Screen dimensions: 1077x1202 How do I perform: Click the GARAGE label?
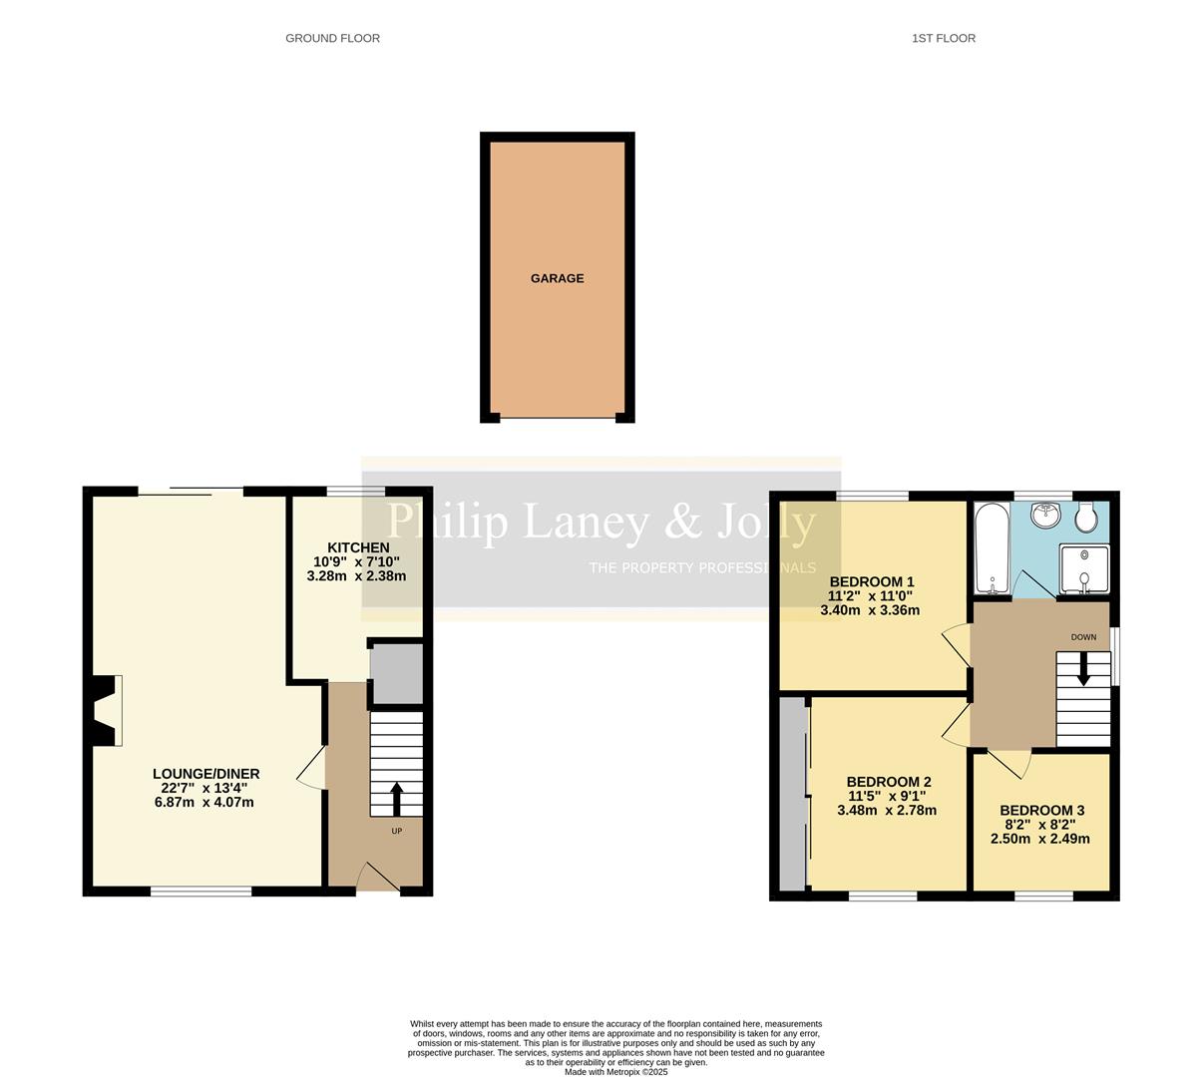click(557, 278)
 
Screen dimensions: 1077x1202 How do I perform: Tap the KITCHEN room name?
click(358, 547)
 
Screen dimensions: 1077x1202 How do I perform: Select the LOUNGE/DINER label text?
click(205, 774)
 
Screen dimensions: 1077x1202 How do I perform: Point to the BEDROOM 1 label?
click(871, 581)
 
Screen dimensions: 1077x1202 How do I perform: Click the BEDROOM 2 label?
click(888, 782)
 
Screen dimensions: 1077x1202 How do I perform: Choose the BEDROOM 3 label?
click(1041, 811)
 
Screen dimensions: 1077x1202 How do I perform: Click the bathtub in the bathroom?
click(992, 548)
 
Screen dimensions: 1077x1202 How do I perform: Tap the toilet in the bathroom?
click(1086, 516)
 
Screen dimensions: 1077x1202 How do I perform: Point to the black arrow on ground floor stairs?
click(396, 799)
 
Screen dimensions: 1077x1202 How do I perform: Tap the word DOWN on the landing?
click(1083, 637)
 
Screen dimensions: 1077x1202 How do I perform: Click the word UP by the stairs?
click(396, 831)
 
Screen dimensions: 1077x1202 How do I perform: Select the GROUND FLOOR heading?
click(332, 38)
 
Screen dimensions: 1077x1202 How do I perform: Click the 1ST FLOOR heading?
click(943, 38)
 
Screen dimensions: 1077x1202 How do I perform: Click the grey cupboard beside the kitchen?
click(396, 674)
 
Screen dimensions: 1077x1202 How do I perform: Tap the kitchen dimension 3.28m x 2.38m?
click(356, 575)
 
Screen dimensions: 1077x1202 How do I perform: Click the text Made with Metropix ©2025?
click(615, 1072)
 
